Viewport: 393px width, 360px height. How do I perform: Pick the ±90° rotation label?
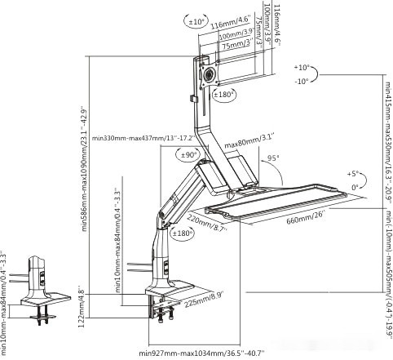click(190, 155)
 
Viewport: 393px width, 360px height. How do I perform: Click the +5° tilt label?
click(353, 173)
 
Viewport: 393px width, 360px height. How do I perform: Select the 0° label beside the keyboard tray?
click(355, 186)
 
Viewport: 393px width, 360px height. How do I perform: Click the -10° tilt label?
click(302, 81)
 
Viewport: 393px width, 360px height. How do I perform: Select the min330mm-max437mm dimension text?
click(144, 138)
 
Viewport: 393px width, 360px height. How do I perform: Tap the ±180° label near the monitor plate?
click(223, 95)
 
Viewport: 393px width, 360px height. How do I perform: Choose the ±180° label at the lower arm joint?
click(185, 233)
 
